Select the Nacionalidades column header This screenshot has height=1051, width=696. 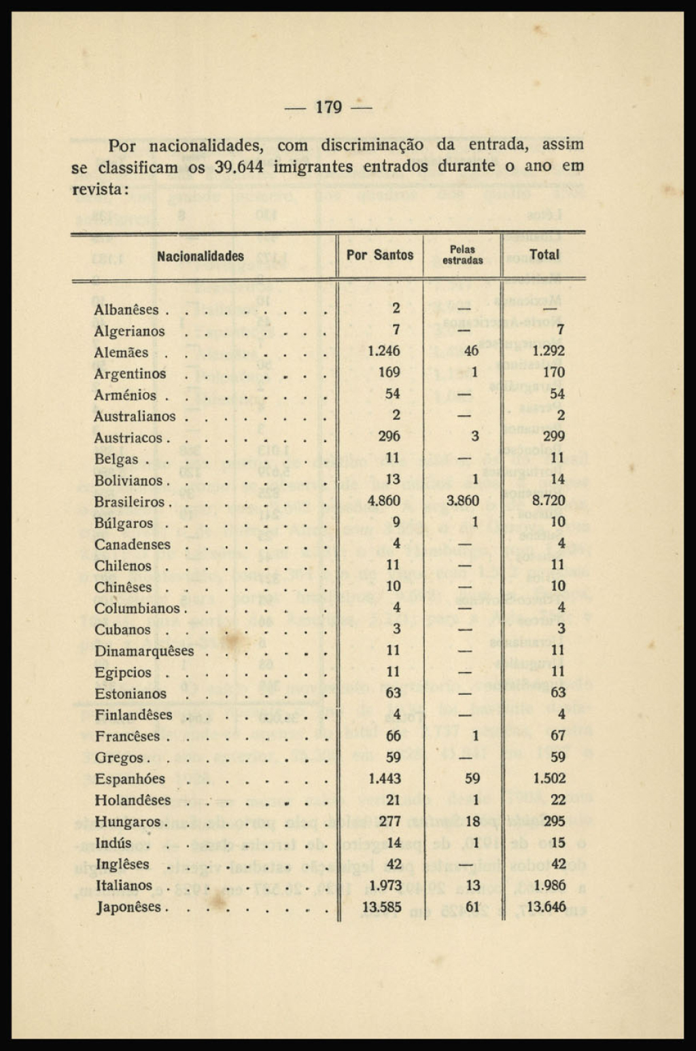[201, 256]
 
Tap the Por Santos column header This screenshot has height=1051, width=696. [380, 255]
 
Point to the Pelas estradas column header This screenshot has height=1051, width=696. [462, 255]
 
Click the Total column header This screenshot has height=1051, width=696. [544, 255]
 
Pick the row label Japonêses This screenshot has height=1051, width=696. [128, 907]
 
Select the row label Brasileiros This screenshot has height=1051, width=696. [129, 502]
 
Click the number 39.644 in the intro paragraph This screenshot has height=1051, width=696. [239, 166]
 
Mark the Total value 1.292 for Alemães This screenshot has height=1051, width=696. [548, 351]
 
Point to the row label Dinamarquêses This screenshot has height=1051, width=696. [144, 651]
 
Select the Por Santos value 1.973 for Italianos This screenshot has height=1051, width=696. [384, 885]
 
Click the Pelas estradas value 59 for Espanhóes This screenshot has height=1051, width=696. [472, 779]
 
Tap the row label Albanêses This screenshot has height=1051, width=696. [126, 310]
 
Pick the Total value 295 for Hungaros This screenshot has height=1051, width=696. [554, 821]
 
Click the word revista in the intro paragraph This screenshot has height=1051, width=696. [97, 189]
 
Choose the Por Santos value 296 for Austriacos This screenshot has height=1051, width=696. [389, 436]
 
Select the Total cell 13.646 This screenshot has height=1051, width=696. [546, 906]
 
